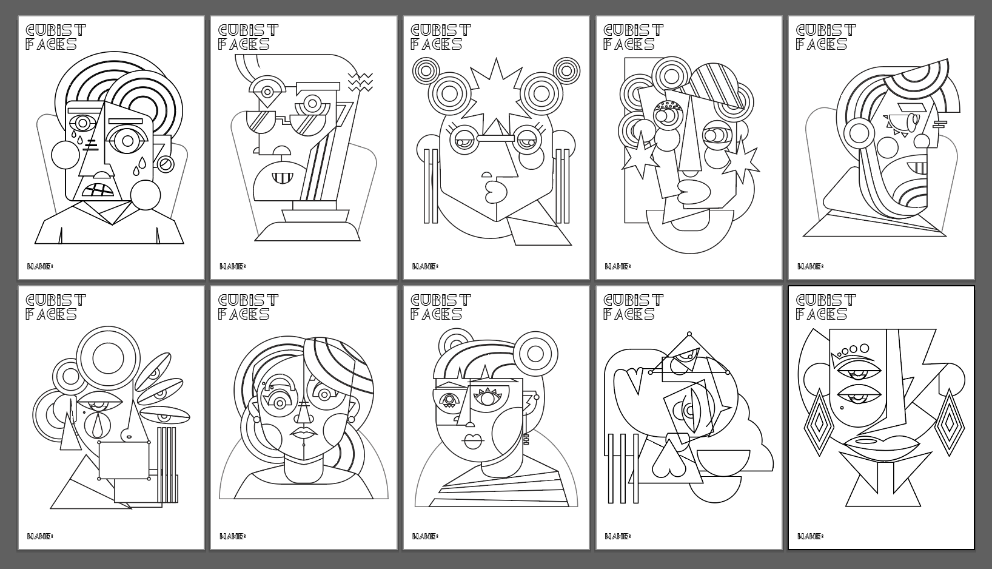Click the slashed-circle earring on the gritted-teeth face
coord(166,164)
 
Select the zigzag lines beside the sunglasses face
coord(360,82)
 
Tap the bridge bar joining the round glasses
coord(495,139)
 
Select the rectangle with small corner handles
coord(124,460)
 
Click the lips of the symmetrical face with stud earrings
coord(304,432)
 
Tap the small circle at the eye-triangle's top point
coord(689,334)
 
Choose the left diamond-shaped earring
coord(819,423)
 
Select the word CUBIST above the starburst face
coord(441,30)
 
